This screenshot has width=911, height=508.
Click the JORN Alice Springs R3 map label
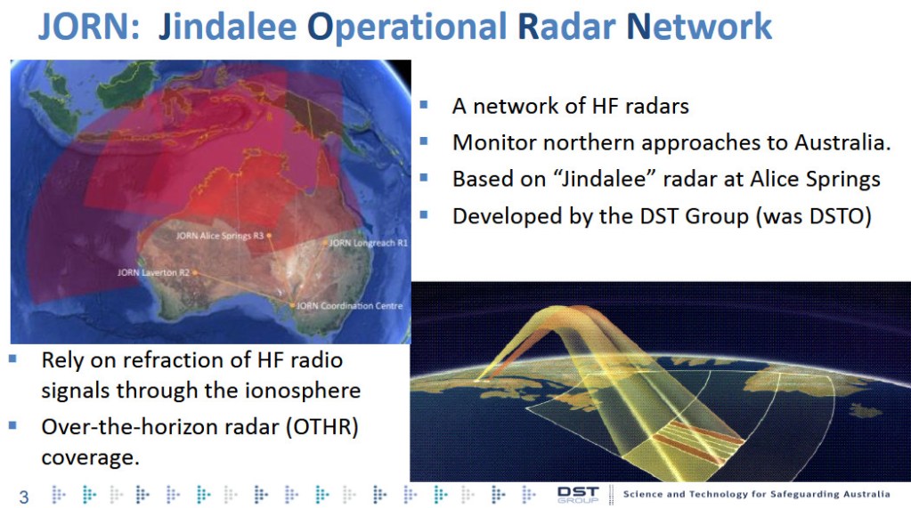pos(219,236)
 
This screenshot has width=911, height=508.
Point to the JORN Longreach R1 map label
pos(368,242)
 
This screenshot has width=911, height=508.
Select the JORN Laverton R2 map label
pos(152,272)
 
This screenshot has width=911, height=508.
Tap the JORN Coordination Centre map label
pos(349,305)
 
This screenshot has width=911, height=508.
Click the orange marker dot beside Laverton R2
pos(194,272)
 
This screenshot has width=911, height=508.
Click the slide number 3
pos(24,496)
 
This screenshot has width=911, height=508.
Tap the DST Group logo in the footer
pos(578,495)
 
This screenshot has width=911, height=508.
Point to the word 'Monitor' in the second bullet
pos(489,142)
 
